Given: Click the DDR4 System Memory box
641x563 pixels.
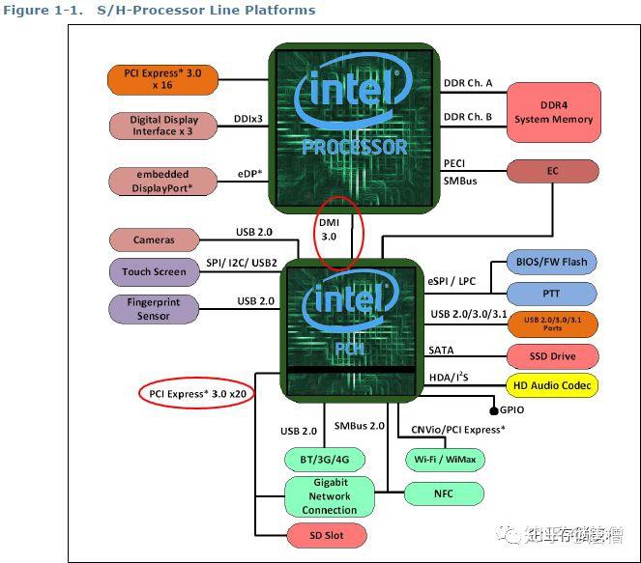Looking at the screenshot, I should coord(553,112).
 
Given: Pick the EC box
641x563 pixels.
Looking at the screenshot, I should coord(553,171).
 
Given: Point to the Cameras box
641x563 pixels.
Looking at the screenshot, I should coord(154,239).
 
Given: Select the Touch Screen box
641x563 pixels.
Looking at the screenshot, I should coord(154,271).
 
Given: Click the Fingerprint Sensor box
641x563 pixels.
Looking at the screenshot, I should coord(154,309).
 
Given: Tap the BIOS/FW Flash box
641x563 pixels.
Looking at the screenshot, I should coord(551,261).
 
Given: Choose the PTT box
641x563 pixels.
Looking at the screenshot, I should coord(551,293).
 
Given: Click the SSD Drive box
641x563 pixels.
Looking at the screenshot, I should coord(551,356).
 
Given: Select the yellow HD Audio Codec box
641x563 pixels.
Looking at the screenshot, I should coord(551,385).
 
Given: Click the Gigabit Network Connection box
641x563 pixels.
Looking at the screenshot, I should coord(329,496).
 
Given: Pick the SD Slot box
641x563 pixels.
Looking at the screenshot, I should coord(328,534).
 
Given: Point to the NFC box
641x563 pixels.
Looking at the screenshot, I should coord(444,493).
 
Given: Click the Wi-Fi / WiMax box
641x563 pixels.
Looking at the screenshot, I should coord(444,458).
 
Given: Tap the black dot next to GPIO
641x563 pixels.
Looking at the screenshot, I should coord(492,409).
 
